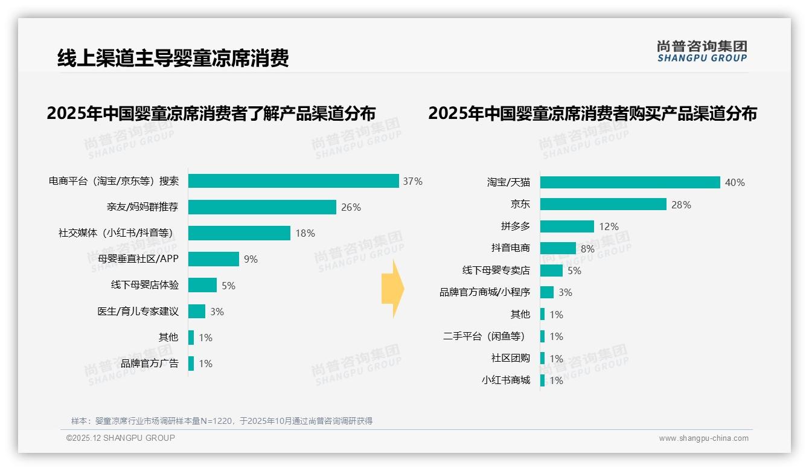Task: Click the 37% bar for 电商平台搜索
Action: pyautogui.click(x=293, y=181)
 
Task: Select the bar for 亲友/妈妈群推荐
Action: pyautogui.click(x=262, y=207)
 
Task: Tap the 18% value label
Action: pyautogui.click(x=305, y=233)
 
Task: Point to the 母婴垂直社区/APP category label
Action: pyautogui.click(x=138, y=259)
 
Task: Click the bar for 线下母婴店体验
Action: pyautogui.click(x=202, y=285)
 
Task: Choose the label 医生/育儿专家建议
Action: pyautogui.click(x=138, y=312)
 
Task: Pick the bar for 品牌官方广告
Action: pyautogui.click(x=191, y=364)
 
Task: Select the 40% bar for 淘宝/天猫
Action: pyautogui.click(x=630, y=182)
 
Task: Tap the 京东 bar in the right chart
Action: pyautogui.click(x=603, y=204)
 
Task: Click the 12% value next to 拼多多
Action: pyautogui.click(x=609, y=226)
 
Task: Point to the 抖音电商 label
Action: pyautogui.click(x=510, y=248)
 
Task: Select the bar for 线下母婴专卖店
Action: pyautogui.click(x=551, y=271)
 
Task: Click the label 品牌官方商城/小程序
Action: pyautogui.click(x=484, y=292)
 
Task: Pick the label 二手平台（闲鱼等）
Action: pyautogui.click(x=484, y=336)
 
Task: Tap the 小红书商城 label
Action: pyautogui.click(x=505, y=380)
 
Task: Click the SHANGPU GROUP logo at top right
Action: pyautogui.click(x=702, y=51)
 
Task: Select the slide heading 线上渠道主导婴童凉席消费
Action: pyautogui.click(x=173, y=58)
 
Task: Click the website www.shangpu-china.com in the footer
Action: pyautogui.click(x=703, y=438)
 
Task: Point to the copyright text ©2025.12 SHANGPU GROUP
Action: pyautogui.click(x=121, y=438)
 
